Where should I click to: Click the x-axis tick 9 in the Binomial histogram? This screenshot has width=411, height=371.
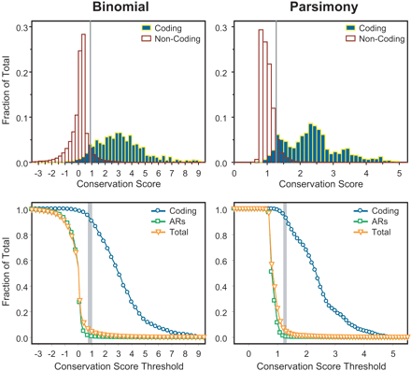tap(199, 173)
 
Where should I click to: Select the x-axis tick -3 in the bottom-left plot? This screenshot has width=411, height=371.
tap(37, 354)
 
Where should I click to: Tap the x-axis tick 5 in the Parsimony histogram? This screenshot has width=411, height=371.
tap(398, 173)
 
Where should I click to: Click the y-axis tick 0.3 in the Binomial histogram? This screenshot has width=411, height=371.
tap(22, 28)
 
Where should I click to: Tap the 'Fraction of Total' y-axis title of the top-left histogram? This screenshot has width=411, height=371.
tap(7, 93)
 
